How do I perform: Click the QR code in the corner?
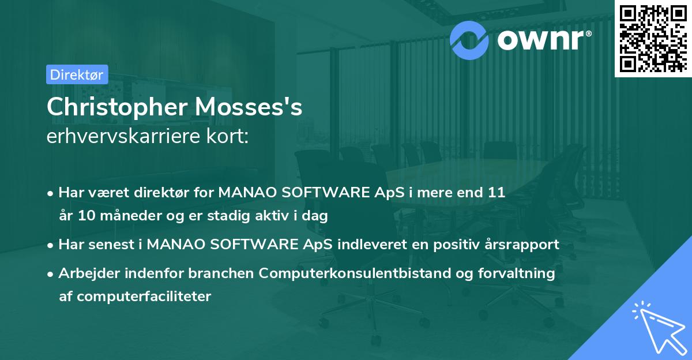(x=653, y=39)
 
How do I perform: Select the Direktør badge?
(x=76, y=74)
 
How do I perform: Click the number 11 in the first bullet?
(x=497, y=193)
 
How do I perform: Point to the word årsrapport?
(x=524, y=244)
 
